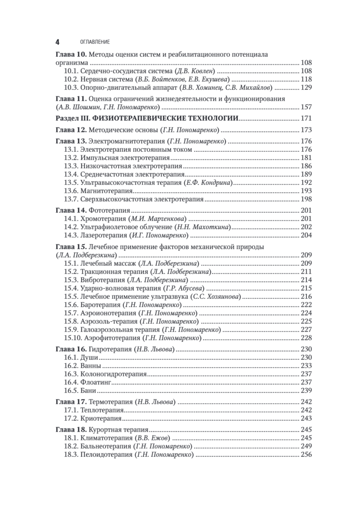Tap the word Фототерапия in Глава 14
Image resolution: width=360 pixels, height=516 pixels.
[109, 211]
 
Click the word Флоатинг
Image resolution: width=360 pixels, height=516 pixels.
[96, 382]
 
